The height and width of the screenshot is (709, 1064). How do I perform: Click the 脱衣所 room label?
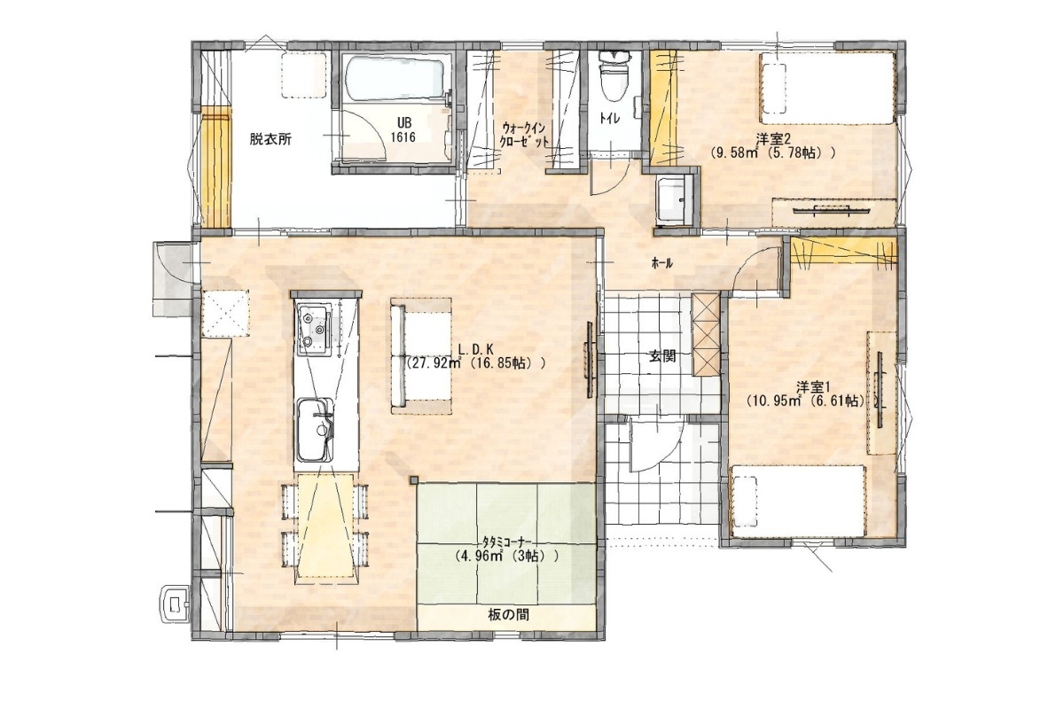pos(270,139)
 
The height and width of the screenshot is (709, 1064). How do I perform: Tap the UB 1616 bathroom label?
pos(403,130)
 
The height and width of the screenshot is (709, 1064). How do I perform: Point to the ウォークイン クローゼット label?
pos(525,135)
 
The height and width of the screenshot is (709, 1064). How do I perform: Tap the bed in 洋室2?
pos(828,89)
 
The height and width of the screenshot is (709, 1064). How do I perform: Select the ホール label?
pos(662,264)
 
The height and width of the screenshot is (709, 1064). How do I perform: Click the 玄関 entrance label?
pos(662,356)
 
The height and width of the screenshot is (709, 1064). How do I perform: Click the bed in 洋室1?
pos(798,501)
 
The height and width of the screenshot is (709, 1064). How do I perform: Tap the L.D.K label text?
pos(475,349)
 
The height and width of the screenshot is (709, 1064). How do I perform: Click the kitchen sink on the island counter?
pos(315,429)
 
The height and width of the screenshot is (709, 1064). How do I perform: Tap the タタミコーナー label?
pos(506,541)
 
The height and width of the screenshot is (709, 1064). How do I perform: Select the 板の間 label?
pos(508,615)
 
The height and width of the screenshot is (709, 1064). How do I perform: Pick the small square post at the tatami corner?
pos(415,479)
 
